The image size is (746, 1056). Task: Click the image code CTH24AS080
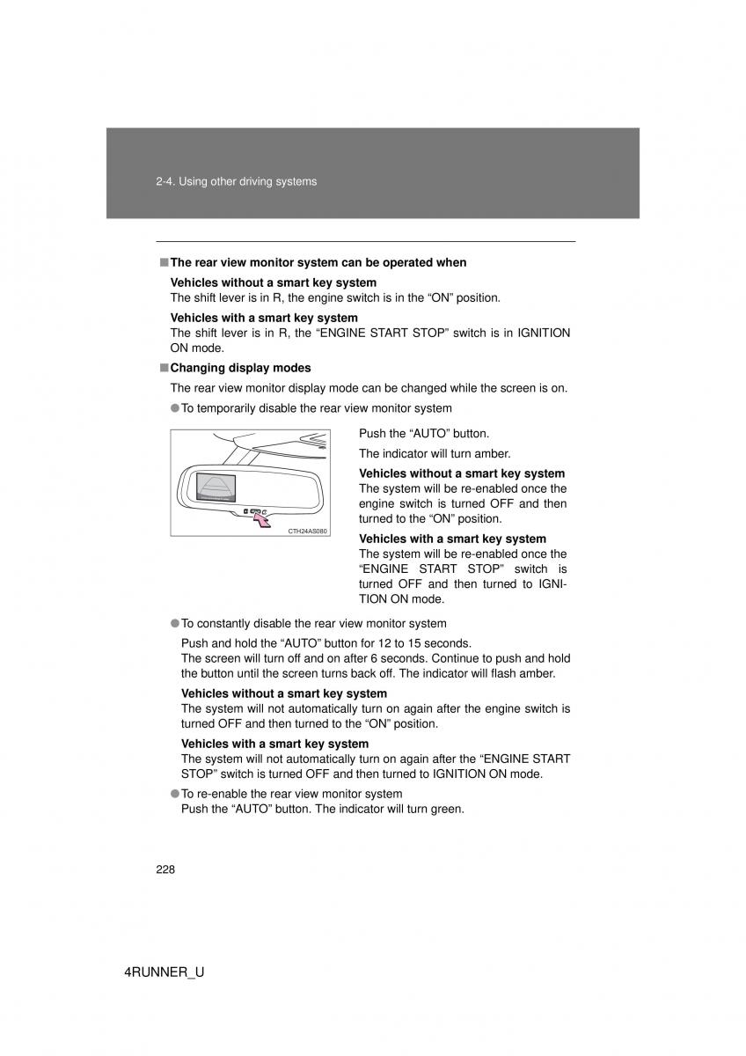coord(307,532)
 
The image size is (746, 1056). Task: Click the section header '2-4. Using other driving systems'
coord(235,182)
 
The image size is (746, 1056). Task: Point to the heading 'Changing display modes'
coord(240,368)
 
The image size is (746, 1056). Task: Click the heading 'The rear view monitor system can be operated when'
coord(318,262)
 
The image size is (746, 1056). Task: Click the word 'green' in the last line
coord(446,808)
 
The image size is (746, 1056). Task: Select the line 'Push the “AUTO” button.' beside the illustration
coord(424,434)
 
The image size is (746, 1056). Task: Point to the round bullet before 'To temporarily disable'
coord(175,408)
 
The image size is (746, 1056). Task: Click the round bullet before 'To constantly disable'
coord(175,624)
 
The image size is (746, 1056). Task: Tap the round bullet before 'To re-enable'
coord(175,794)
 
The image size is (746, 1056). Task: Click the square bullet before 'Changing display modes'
coord(164,368)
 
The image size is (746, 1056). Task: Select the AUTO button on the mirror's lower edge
coord(255,510)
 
